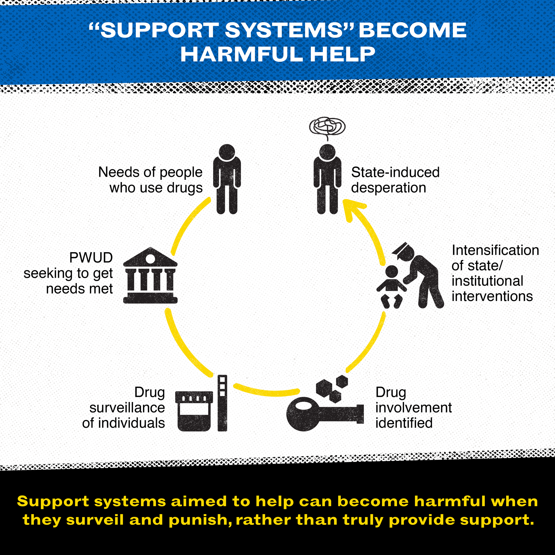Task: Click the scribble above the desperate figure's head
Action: click(x=327, y=126)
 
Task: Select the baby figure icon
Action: click(x=391, y=286)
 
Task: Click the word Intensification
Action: click(x=495, y=250)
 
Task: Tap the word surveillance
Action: click(x=127, y=408)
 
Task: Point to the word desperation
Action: click(x=388, y=188)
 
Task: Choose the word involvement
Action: click(x=413, y=408)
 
